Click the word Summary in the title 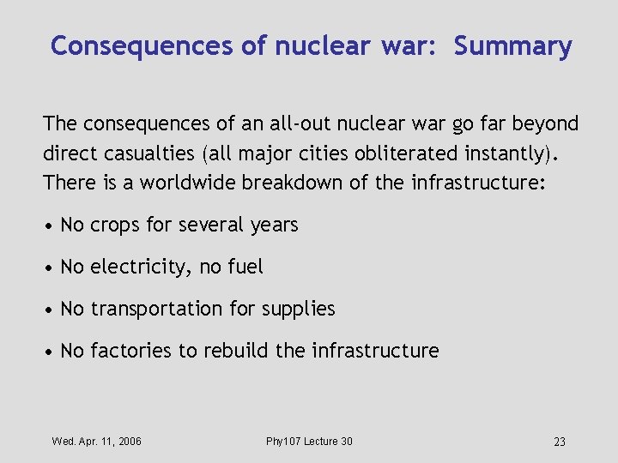512,46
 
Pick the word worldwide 183,183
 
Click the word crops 116,225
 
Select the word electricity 142,268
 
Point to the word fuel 246,268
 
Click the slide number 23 560,442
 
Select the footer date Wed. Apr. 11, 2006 97,442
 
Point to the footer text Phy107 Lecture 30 309,442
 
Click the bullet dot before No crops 51,226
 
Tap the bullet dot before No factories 51,352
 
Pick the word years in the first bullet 275,226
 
